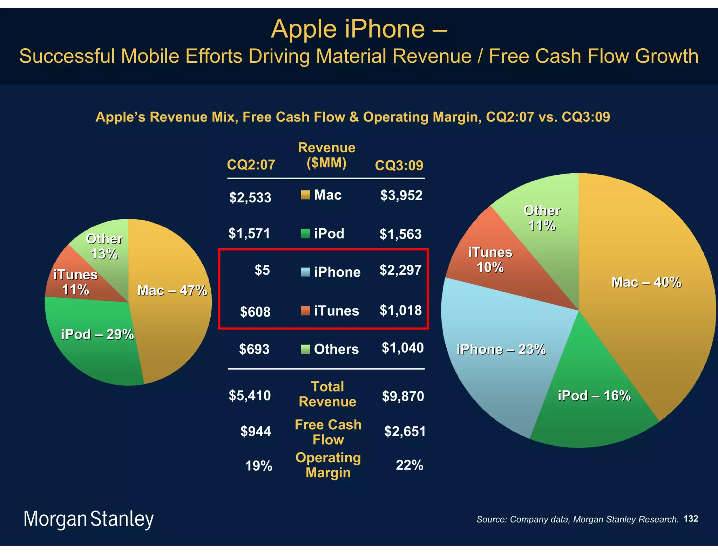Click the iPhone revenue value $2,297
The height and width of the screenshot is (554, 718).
[x=400, y=270]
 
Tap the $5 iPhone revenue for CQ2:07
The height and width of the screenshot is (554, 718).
[x=262, y=270]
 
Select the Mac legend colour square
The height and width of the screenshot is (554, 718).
[x=305, y=195]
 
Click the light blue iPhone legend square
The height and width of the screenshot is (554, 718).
[x=305, y=272]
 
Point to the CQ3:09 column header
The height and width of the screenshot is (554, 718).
[x=399, y=165]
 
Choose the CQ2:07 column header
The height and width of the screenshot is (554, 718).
[x=251, y=165]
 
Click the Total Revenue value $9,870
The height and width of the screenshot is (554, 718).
[x=403, y=396]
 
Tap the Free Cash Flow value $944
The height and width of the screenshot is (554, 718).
[x=256, y=431]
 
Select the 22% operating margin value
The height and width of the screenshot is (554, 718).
[x=409, y=465]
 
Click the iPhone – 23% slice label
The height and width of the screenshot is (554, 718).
[x=501, y=349]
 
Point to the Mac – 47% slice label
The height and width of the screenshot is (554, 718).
[x=172, y=290]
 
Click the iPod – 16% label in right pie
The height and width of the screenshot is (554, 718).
[x=594, y=396]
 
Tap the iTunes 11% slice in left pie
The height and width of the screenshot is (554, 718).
[x=75, y=282]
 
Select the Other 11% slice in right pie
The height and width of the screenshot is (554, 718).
[x=542, y=218]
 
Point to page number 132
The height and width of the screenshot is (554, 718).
[x=691, y=519]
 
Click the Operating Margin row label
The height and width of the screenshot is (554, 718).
[x=328, y=465]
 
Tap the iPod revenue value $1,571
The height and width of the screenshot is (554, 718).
[x=249, y=233]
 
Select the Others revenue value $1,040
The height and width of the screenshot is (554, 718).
[x=402, y=348]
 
